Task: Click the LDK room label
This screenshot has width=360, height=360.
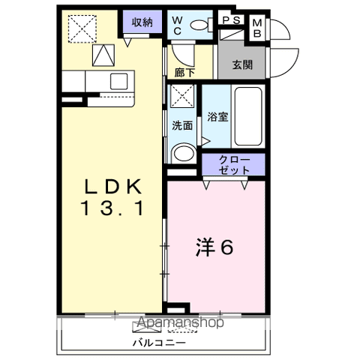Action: click(x=113, y=187)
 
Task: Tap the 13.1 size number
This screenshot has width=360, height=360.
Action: click(x=112, y=208)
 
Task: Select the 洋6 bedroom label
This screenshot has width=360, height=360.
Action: click(x=214, y=247)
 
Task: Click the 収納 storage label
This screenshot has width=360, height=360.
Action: click(x=142, y=22)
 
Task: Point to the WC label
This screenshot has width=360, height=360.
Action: click(x=177, y=25)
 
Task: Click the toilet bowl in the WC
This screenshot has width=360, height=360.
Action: click(x=199, y=25)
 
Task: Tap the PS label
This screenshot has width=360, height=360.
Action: click(x=232, y=20)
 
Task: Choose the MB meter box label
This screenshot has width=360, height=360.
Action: click(x=257, y=28)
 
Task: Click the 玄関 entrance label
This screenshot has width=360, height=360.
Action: click(x=242, y=65)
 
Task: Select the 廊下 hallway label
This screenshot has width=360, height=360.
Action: click(x=184, y=73)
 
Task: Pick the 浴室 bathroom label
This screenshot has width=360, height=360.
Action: click(x=217, y=117)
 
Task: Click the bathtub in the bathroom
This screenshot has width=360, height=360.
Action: click(x=248, y=116)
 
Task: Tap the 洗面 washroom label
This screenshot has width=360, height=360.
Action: click(x=182, y=125)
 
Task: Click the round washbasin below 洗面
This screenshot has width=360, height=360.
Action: click(x=184, y=153)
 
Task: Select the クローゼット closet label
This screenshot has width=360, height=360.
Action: click(x=234, y=165)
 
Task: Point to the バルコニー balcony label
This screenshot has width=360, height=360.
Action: click(x=159, y=342)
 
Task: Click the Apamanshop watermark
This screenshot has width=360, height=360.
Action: click(x=180, y=322)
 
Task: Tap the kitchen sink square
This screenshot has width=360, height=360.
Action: click(x=119, y=82)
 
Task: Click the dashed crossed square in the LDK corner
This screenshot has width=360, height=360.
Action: click(x=82, y=28)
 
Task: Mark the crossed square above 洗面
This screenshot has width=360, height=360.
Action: click(x=182, y=96)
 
